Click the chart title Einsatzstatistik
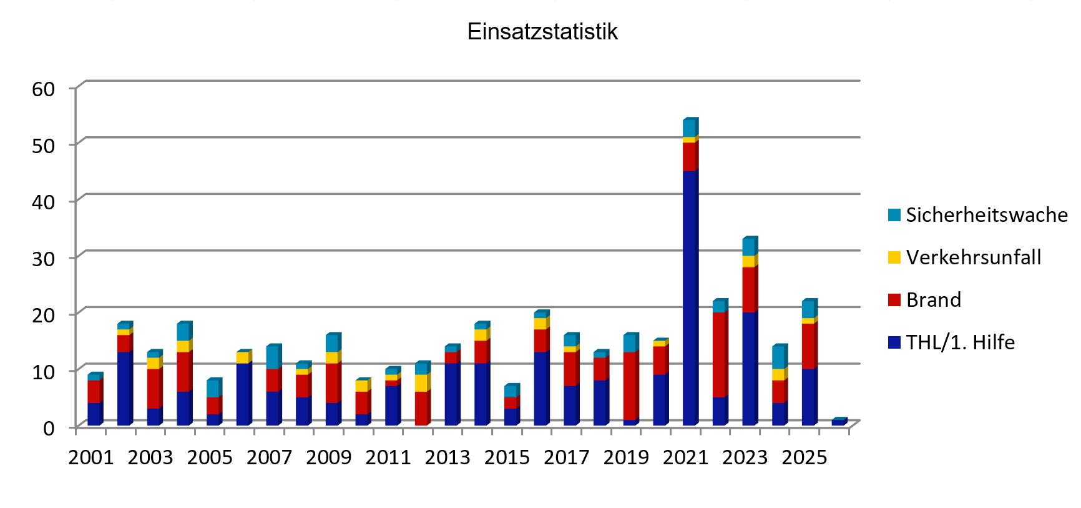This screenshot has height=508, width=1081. tap(542, 32)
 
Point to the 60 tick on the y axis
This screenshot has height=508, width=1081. tap(44, 89)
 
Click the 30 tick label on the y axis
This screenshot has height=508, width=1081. tap(44, 258)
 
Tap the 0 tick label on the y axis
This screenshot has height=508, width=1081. tap(49, 428)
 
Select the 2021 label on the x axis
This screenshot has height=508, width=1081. tap(685, 457)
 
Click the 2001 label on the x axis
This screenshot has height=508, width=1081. tap(91, 457)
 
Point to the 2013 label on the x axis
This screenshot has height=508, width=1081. tap(448, 457)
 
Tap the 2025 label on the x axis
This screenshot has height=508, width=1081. tap(805, 457)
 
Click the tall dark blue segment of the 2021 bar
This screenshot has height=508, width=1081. tap(690, 297)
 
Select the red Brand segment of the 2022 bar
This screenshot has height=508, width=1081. tap(720, 354)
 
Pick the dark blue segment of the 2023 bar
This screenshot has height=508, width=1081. tap(749, 369)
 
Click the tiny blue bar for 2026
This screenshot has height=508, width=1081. tap(838, 423)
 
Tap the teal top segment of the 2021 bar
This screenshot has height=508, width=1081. tap(689, 128)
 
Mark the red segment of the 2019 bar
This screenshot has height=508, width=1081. tap(630, 386)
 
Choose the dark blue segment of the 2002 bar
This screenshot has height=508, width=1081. tap(124, 388)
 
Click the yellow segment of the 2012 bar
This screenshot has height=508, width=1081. tap(421, 383)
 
